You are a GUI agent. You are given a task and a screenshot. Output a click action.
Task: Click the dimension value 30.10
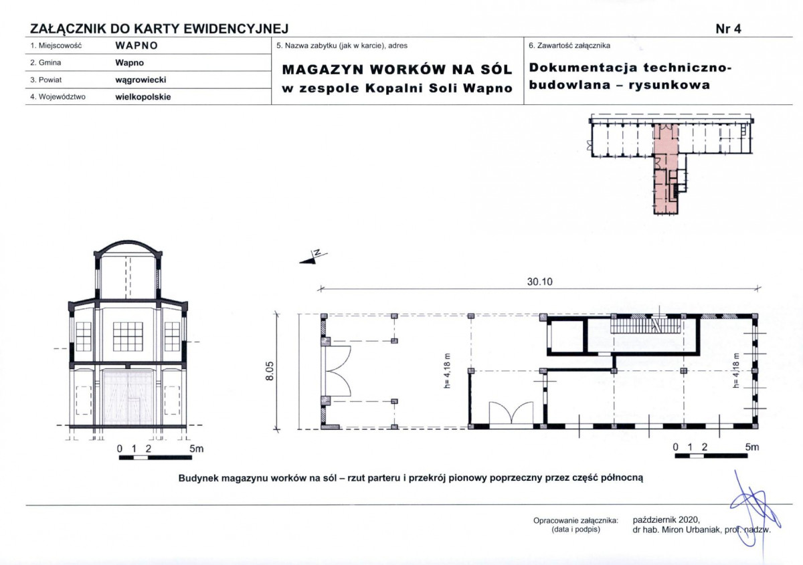point(539,281)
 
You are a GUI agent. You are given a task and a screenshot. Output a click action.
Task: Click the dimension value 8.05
point(270,371)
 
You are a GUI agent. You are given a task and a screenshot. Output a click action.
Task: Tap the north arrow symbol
point(313,257)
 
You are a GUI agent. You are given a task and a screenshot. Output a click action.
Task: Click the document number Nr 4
point(728,29)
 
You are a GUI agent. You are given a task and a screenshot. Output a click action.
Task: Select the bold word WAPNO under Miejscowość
point(137,45)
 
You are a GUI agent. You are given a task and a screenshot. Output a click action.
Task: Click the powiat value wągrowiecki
point(141,80)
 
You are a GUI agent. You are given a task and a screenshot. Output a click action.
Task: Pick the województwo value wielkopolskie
point(143,97)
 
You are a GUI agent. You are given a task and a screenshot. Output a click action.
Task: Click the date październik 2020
point(666,520)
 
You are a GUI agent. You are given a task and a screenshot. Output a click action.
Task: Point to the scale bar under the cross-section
point(155,457)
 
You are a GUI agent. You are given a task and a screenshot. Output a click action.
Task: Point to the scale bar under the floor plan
point(711,456)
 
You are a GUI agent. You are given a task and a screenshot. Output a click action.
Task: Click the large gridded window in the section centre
point(128,336)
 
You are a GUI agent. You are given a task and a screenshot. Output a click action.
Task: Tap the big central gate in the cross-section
point(128,398)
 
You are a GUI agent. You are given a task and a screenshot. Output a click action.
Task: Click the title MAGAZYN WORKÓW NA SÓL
point(397,70)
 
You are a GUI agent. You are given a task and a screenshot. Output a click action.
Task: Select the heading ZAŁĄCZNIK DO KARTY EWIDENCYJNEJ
point(159,29)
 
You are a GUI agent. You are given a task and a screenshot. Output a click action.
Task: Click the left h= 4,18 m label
point(447,371)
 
